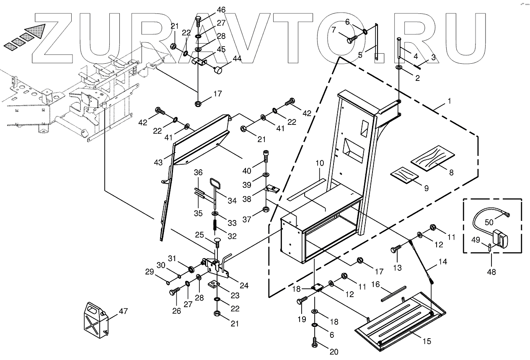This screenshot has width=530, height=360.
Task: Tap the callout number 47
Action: pos(123,311)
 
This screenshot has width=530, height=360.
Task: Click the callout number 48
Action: pos(491,272)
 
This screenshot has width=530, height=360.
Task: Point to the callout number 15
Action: pos(427,342)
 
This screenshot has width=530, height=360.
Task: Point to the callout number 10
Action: pos(320,162)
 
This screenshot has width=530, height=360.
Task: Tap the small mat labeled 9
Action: pos(405,176)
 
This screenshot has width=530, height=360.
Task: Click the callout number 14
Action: pos(443,262)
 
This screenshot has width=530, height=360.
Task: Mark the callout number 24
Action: pos(244,286)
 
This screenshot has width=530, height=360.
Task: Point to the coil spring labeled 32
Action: pos(215,225)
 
